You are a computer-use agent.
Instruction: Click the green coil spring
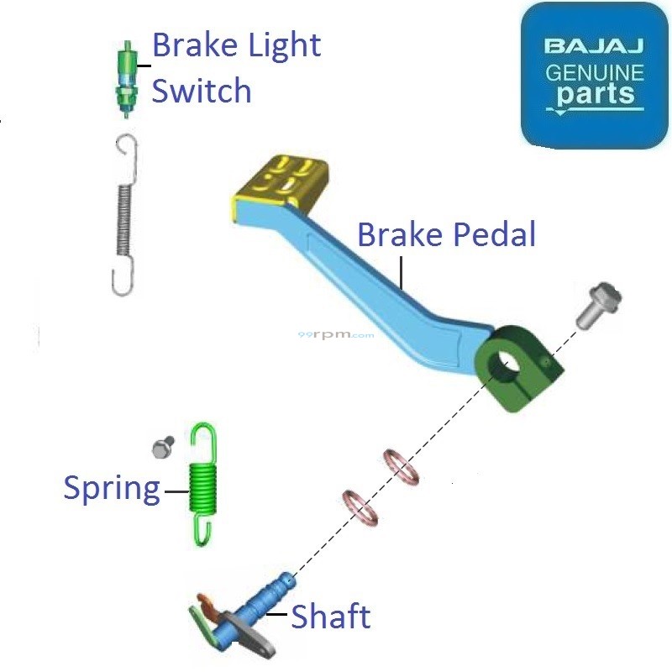tap(202, 483)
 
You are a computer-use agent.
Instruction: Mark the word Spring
tap(112, 488)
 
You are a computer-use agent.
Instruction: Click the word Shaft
tap(330, 617)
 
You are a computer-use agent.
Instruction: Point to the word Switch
tap(202, 90)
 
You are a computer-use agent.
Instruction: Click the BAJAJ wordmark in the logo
tap(595, 45)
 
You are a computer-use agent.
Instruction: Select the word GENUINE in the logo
tap(595, 72)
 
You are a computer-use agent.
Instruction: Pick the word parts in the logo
tap(595, 93)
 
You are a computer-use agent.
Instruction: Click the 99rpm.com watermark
tap(336, 334)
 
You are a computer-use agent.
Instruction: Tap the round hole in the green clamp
tap(508, 362)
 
